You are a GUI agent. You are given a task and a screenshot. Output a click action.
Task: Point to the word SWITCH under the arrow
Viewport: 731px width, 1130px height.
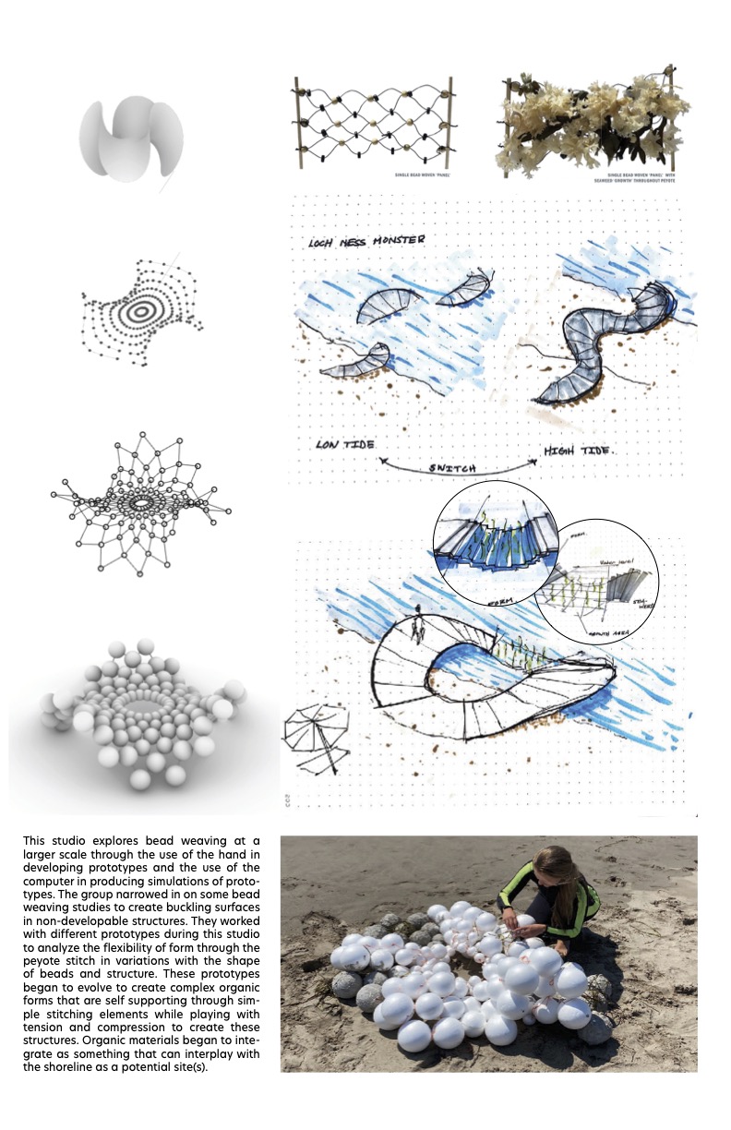coord(451,468)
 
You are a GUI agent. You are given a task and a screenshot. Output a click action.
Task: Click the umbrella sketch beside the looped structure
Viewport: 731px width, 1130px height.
coord(315,738)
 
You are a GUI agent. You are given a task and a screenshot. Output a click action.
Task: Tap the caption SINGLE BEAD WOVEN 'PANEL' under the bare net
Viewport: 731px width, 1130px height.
coord(409,173)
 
